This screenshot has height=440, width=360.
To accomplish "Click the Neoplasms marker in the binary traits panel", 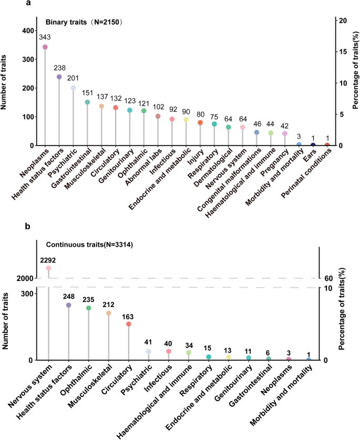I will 45,47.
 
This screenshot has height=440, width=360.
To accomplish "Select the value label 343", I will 45,37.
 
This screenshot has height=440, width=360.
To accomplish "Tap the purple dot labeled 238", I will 59,77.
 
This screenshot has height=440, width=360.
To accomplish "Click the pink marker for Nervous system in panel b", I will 48,268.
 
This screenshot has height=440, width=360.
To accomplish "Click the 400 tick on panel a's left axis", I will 26,32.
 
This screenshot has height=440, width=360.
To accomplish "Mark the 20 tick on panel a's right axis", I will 343,20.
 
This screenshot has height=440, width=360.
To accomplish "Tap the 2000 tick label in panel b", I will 25,278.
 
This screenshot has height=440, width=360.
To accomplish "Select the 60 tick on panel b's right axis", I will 328,278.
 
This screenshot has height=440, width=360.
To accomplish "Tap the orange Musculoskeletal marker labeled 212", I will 109,313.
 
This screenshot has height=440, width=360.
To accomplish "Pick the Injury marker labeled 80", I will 200,123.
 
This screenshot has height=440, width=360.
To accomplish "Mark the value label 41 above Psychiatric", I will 149,341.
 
